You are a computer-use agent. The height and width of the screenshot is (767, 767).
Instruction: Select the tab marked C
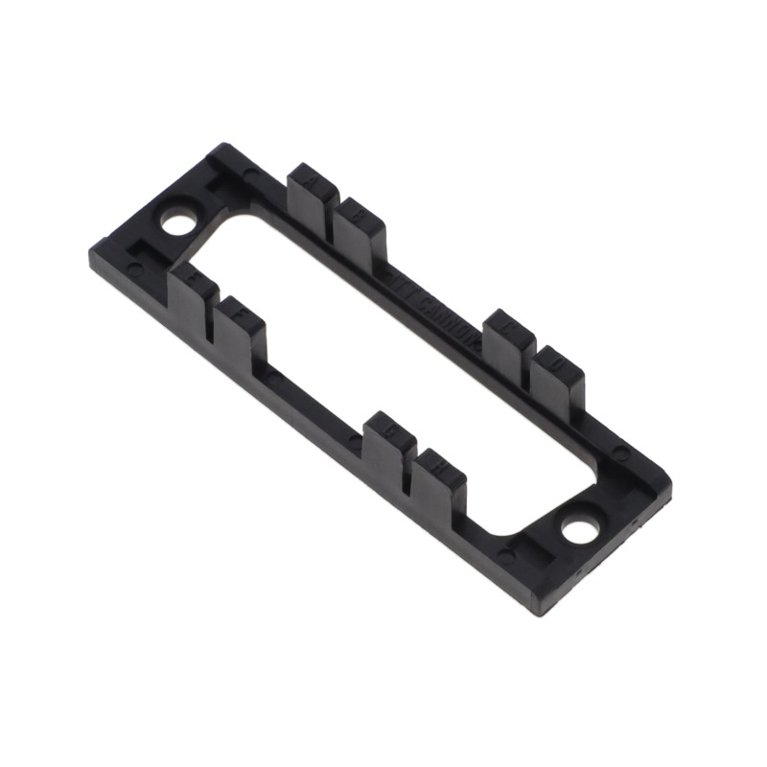[x=506, y=336]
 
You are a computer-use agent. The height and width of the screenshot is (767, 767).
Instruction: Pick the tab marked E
[x=189, y=297]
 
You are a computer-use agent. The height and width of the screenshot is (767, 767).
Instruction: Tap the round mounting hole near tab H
[x=579, y=529]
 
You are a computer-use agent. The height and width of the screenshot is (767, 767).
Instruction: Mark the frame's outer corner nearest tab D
[x=671, y=479]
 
